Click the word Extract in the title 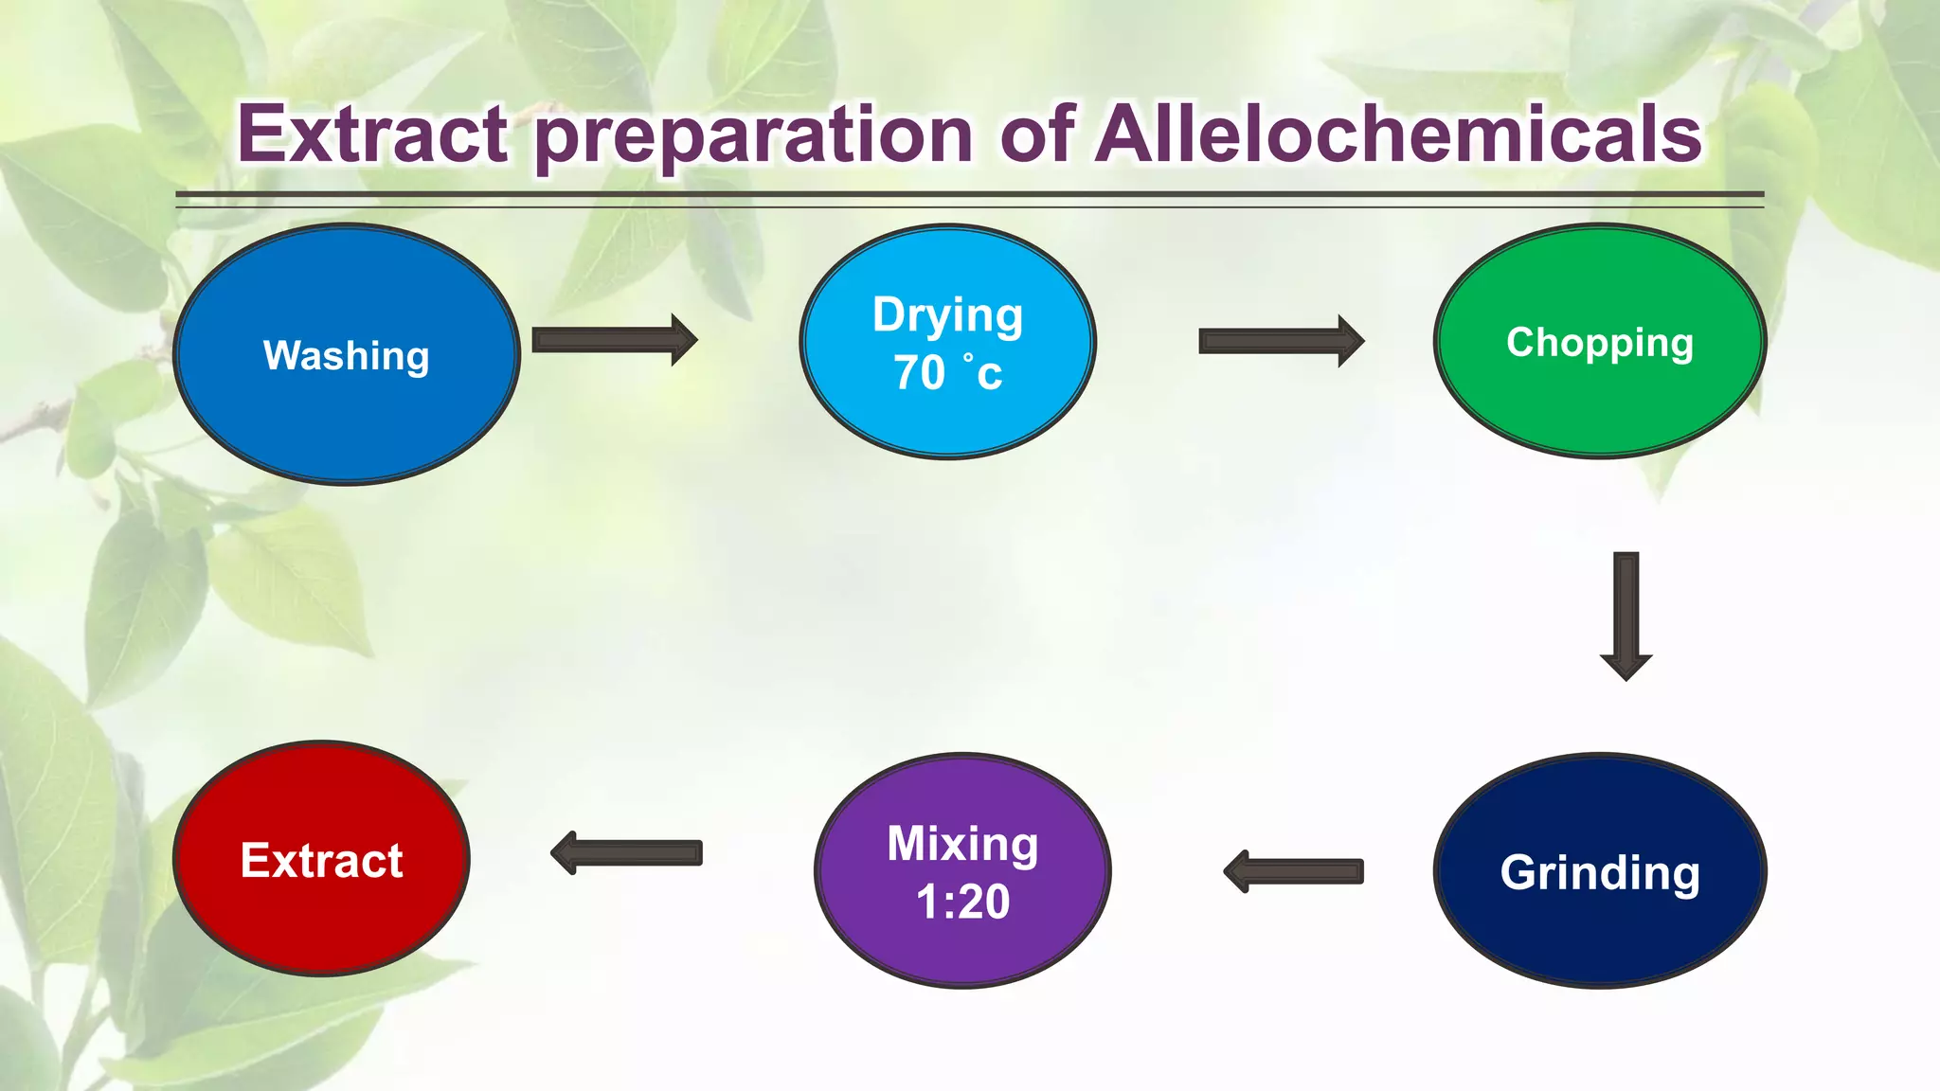point(372,134)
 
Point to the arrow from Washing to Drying point(614,340)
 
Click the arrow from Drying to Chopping point(1281,341)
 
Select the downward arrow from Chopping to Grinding point(1626,616)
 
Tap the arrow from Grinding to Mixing point(1294,871)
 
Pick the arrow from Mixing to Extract point(627,853)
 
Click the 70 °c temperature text point(947,372)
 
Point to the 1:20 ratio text point(962,901)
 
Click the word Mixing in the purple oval point(962,843)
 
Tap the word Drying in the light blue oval point(947,314)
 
